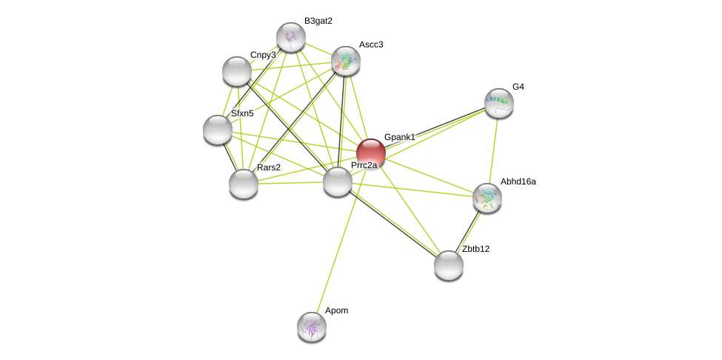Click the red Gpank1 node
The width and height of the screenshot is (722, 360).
point(371,153)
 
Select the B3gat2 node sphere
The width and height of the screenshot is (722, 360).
point(291,37)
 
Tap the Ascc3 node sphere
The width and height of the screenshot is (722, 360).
point(346,61)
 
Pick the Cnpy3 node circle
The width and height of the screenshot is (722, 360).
point(237,71)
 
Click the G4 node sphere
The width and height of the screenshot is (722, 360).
point(499,103)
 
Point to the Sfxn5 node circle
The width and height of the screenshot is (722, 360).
point(218,130)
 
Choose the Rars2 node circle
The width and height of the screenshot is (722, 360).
point(244,183)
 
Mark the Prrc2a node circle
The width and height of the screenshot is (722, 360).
point(338,181)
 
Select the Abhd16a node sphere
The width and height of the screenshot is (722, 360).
point(487,198)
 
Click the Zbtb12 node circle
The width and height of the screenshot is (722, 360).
point(449,265)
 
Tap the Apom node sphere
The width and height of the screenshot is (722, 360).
point(312,327)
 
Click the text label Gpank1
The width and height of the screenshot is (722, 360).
point(400,137)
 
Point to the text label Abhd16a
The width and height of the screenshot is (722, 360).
point(518,181)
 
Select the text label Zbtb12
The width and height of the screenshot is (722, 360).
point(475,249)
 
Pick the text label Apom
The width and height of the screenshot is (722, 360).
point(336,310)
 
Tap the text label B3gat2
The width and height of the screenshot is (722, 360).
point(318,21)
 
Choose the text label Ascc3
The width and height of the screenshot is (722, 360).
point(371,44)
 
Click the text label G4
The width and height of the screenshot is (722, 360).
point(518,87)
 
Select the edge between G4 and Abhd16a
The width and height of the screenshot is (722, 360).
point(493,150)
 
